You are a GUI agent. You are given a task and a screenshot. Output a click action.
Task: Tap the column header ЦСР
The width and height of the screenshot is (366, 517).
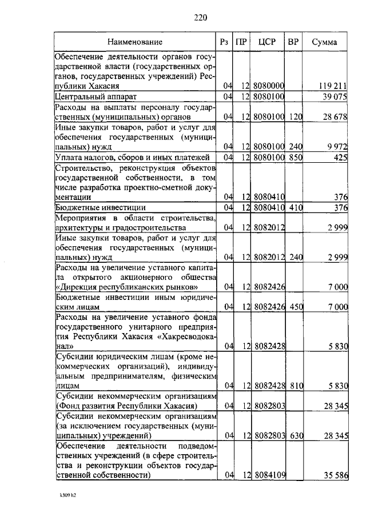pyautogui.click(x=268, y=42)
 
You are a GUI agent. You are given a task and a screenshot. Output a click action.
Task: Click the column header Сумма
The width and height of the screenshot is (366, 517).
pyautogui.click(x=324, y=42)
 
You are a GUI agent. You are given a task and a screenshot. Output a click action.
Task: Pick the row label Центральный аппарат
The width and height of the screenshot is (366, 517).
pyautogui.click(x=96, y=96)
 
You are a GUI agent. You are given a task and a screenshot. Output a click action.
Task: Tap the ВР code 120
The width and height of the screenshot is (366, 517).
pyautogui.click(x=295, y=117)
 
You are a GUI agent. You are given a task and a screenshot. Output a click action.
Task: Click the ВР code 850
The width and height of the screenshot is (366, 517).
pyautogui.click(x=295, y=157)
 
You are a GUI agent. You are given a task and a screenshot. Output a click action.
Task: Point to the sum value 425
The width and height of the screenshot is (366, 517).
pyautogui.click(x=341, y=157)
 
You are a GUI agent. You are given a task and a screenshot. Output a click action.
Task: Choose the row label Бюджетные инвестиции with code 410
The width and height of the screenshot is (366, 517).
pyautogui.click(x=101, y=207)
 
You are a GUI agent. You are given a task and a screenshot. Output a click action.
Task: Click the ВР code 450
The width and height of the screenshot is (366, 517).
pyautogui.click(x=295, y=307)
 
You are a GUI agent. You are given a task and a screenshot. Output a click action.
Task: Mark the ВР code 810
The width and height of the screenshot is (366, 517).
pyautogui.click(x=295, y=386)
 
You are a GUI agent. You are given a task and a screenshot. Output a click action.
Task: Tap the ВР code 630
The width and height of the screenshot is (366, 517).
pyautogui.click(x=295, y=436)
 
